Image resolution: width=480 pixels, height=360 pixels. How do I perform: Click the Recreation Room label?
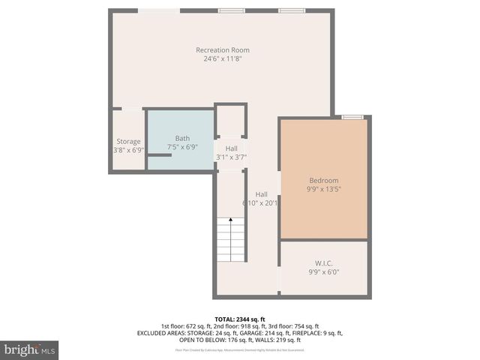223,50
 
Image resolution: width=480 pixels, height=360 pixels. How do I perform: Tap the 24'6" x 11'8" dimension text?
223,58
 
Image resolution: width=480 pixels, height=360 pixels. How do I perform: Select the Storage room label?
128,141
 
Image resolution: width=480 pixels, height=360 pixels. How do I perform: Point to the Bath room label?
182,138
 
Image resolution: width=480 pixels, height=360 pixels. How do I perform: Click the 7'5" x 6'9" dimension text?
182,149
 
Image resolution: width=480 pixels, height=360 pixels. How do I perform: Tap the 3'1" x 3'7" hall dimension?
231,157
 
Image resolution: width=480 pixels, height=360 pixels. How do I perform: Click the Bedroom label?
324,180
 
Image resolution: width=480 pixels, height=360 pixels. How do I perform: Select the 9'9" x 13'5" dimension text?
324,190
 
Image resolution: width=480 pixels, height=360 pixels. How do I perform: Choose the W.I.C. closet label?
324,263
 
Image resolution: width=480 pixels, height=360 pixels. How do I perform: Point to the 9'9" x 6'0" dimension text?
324,273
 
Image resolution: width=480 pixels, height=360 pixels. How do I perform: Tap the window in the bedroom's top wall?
352,117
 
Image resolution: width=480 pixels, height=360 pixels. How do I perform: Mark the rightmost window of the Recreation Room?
292,10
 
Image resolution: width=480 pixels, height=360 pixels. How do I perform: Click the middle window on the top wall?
231,10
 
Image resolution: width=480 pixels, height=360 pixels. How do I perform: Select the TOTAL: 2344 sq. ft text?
240,319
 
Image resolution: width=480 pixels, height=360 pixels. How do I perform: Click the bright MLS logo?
30,349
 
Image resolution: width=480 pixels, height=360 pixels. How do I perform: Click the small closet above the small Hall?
231,120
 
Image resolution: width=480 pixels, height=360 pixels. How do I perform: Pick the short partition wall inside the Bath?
159,155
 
